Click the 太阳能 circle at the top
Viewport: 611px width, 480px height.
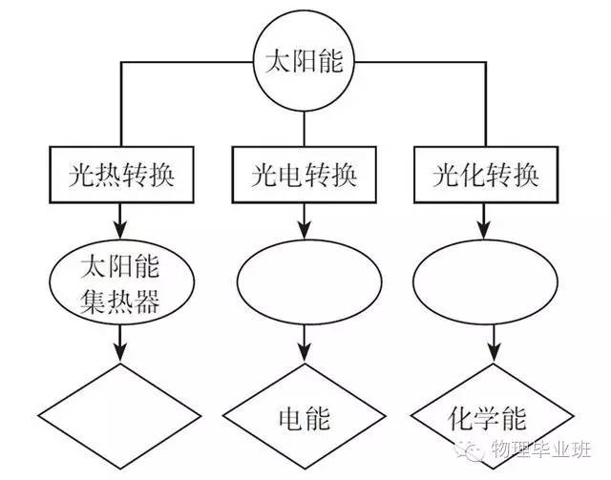pyautogui.click(x=303, y=64)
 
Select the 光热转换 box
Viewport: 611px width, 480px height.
pyautogui.click(x=120, y=176)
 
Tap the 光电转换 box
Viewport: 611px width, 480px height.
pyautogui.click(x=305, y=176)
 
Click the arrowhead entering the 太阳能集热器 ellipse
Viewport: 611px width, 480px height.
pyautogui.click(x=120, y=232)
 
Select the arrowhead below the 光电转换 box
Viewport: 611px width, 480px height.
pyautogui.click(x=305, y=232)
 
